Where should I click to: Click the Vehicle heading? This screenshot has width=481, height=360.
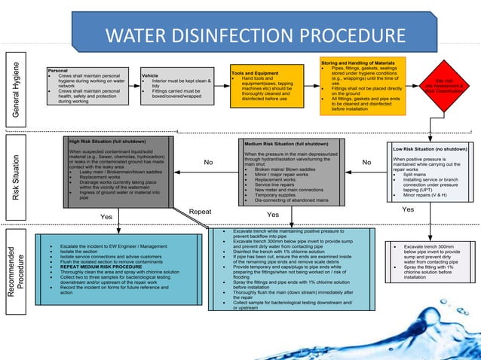click(x=150, y=75)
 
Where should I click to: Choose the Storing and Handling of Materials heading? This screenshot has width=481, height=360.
click(x=357, y=61)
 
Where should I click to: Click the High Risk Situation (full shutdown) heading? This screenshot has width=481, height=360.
click(x=107, y=141)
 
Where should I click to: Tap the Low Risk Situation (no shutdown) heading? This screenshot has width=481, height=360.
click(x=430, y=149)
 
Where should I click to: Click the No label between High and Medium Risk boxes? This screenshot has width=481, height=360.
click(x=209, y=162)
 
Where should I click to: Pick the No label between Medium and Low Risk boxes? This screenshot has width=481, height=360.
click(x=366, y=162)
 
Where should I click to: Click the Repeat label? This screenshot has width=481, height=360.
click(x=200, y=212)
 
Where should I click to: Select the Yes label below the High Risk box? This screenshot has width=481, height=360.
click(x=106, y=217)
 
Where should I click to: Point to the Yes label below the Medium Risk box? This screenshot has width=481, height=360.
click(x=283, y=215)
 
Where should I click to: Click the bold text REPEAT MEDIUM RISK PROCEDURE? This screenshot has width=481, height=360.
click(x=101, y=267)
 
